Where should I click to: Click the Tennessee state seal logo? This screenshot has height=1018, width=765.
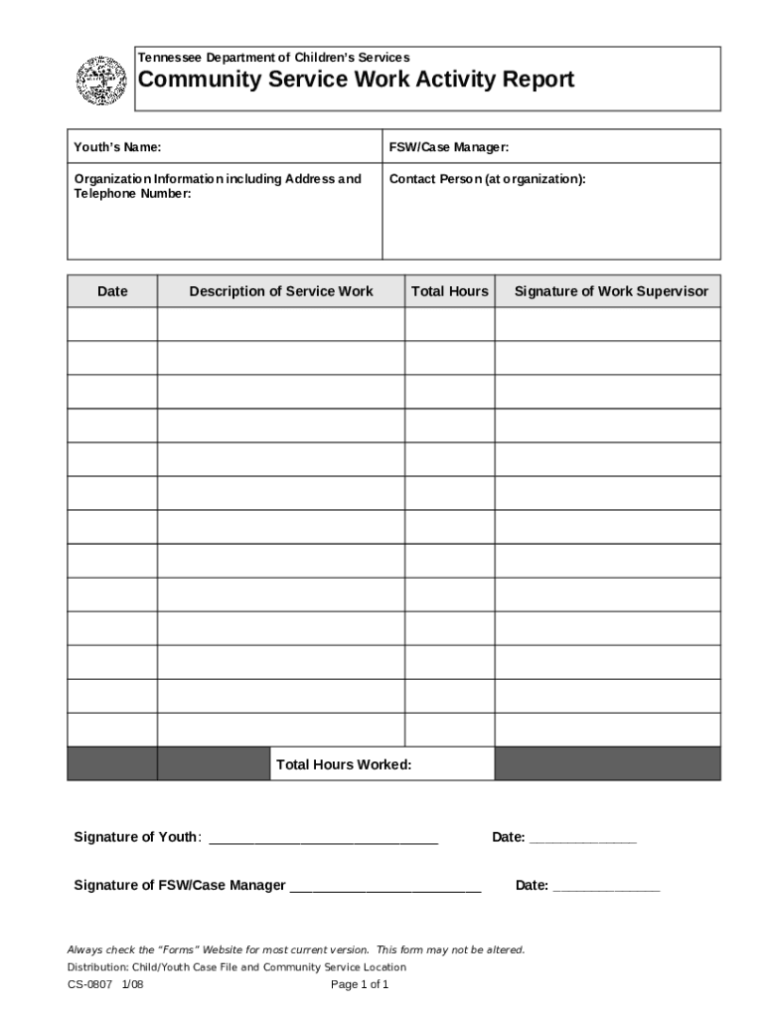click(102, 81)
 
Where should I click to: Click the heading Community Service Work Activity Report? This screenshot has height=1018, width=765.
click(356, 80)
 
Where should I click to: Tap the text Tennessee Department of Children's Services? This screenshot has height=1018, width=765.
click(273, 58)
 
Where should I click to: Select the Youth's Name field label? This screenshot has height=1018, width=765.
click(117, 147)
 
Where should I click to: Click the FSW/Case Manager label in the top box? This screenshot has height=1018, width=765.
click(449, 147)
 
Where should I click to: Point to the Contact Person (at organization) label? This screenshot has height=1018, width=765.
click(487, 179)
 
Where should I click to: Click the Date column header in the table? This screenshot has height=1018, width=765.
click(112, 291)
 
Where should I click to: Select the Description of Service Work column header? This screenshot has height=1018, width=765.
click(281, 291)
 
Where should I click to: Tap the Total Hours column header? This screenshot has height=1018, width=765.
click(450, 291)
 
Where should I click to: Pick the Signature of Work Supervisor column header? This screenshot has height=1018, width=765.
click(611, 291)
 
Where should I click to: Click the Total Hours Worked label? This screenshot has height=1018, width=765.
click(344, 764)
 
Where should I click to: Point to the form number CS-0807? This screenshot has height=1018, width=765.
click(88, 985)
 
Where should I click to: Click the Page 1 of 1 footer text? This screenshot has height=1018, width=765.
click(360, 985)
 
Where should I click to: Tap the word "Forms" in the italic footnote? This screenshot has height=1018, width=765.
click(175, 949)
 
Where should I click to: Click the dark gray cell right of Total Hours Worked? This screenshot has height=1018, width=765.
click(607, 763)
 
